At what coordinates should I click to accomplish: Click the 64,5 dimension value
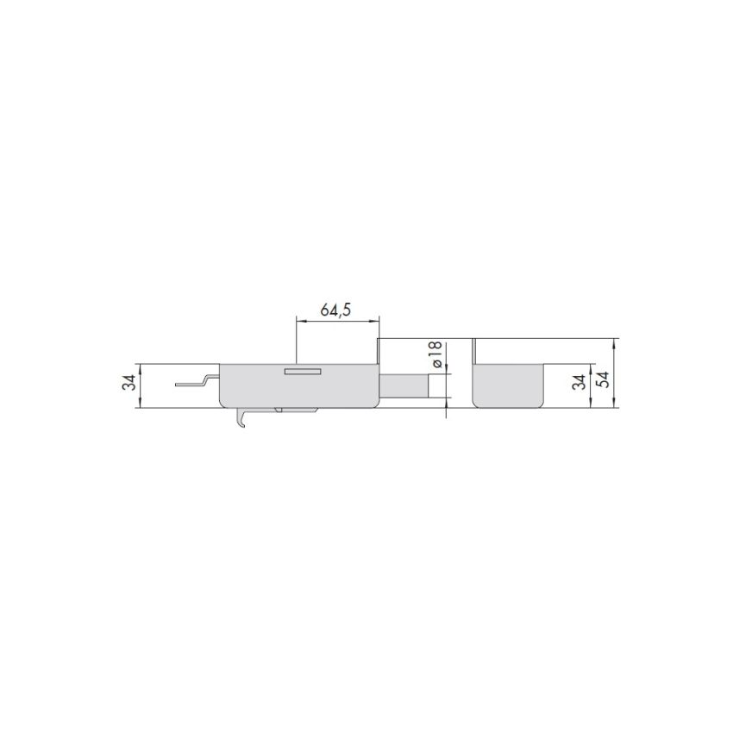pyautogui.click(x=336, y=310)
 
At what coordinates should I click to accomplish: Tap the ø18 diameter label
pyautogui.click(x=436, y=354)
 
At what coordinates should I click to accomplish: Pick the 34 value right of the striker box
pyautogui.click(x=580, y=379)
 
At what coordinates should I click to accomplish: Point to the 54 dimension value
pyautogui.click(x=605, y=379)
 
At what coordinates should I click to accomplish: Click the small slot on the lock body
pyautogui.click(x=303, y=372)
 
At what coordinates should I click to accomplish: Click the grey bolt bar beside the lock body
pyautogui.click(x=404, y=386)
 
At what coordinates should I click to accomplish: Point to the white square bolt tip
pyautogui.click(x=439, y=386)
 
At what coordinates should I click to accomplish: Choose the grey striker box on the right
pyautogui.click(x=509, y=385)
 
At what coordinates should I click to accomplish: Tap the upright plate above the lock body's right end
pyautogui.click(x=378, y=351)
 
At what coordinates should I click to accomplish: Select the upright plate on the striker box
pyautogui.click(x=473, y=351)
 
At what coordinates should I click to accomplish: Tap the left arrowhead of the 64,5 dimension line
pyautogui.click(x=299, y=321)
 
